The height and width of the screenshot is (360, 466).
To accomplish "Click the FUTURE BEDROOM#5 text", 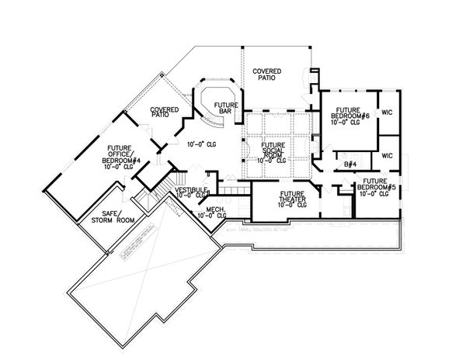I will coord(375,185).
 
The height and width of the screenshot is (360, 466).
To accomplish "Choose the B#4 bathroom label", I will coord(350,164).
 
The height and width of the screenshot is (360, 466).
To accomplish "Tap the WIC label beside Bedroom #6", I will coord(387,113).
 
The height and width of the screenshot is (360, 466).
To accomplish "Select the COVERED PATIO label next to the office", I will coord(161,112).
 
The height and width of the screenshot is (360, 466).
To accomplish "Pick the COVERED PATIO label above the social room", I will coord(267,74).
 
